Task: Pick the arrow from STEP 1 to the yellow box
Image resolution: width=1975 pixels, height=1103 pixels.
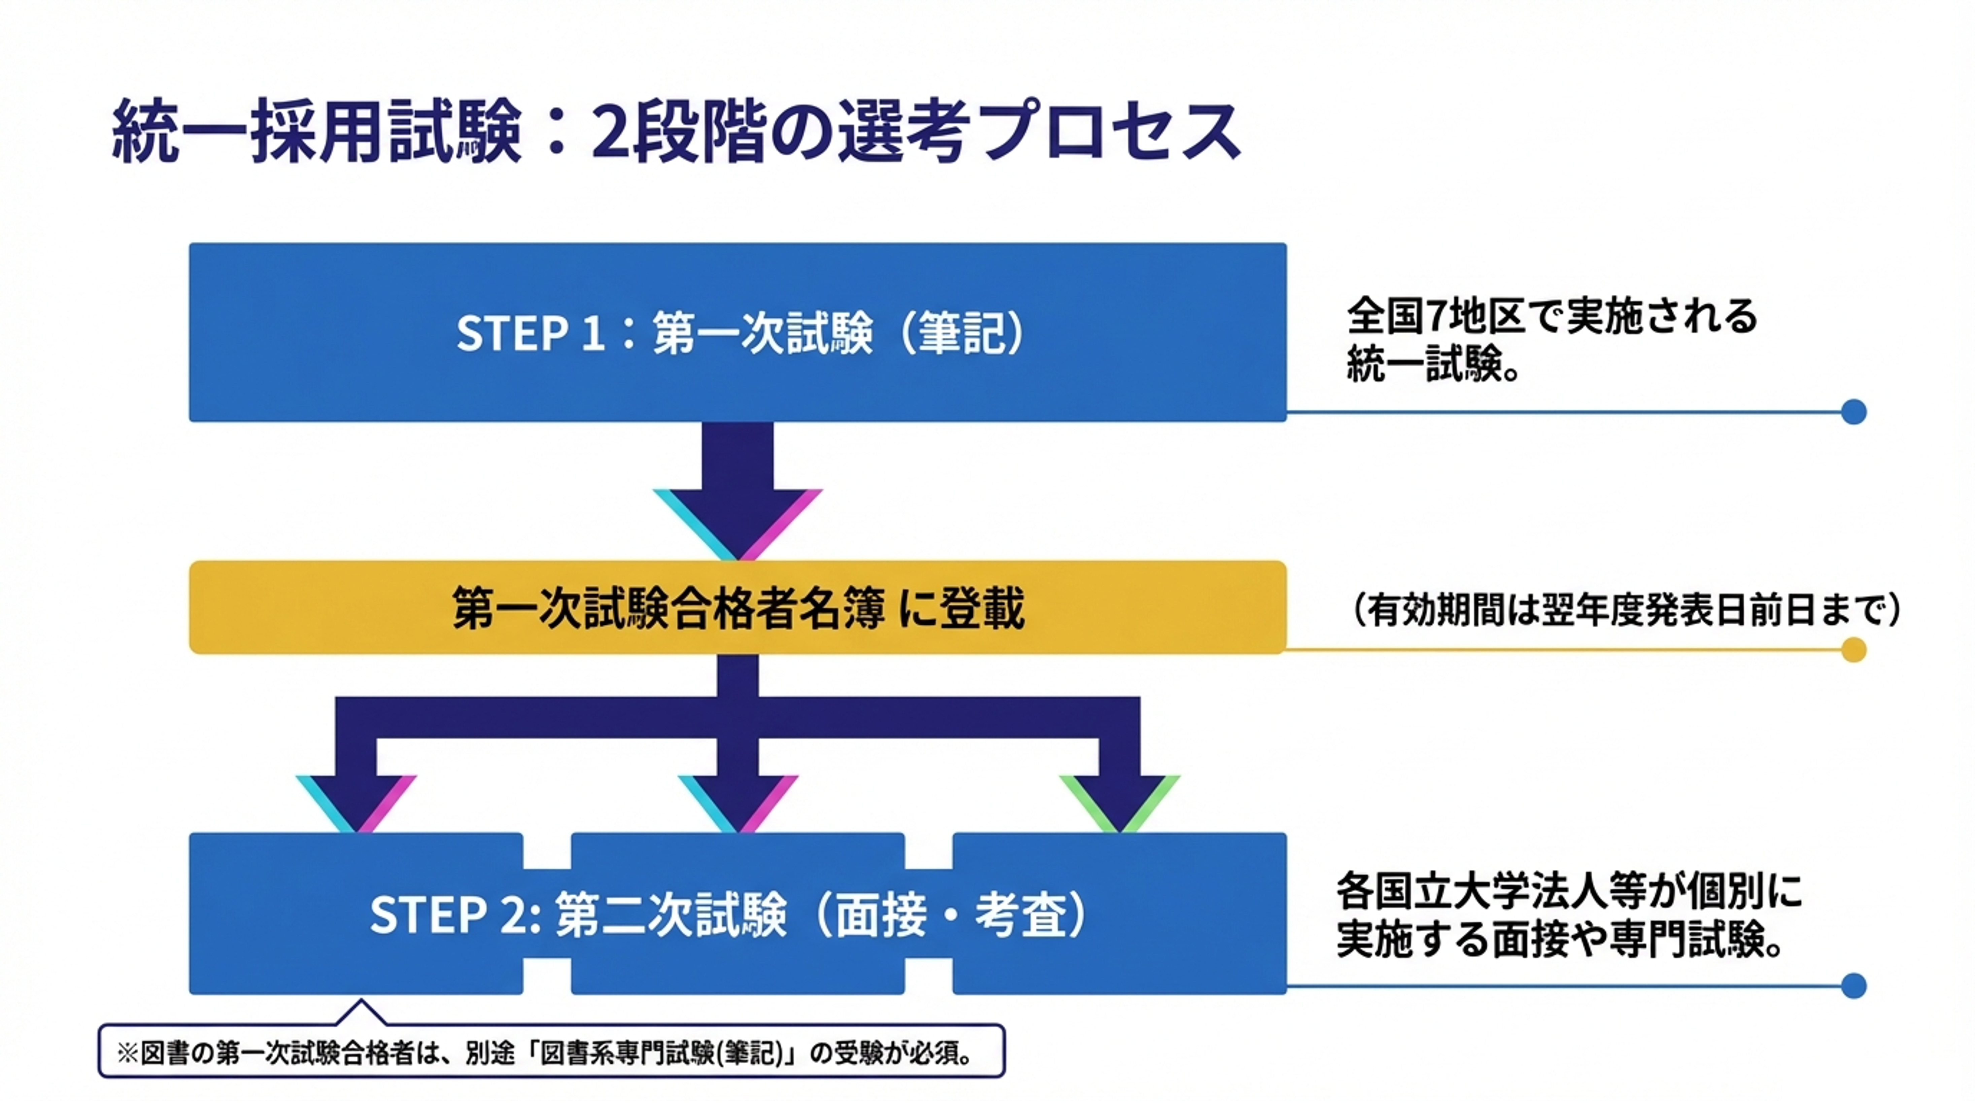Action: [x=738, y=490]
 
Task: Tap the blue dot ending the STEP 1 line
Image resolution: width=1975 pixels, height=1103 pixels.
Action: [x=1853, y=412]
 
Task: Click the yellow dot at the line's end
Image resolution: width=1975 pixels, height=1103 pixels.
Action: [x=1853, y=650]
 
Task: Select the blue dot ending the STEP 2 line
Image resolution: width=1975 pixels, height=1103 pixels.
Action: [x=1853, y=986]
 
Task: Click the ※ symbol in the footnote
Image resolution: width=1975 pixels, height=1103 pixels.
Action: [x=127, y=1053]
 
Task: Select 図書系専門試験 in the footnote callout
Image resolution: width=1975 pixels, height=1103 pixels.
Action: [x=617, y=1053]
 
